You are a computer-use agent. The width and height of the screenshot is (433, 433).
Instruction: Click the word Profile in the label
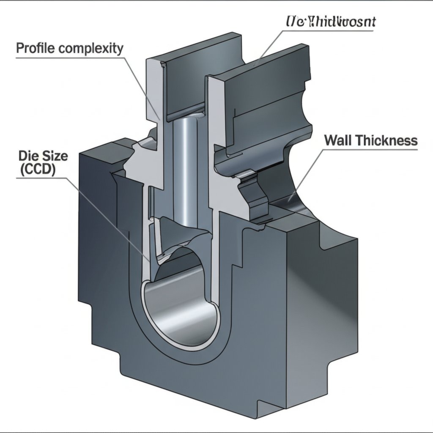pyautogui.click(x=35, y=48)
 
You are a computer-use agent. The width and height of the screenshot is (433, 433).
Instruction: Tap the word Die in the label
pyautogui.click(x=27, y=156)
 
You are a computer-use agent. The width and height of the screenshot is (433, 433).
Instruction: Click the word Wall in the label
pyautogui.click(x=338, y=140)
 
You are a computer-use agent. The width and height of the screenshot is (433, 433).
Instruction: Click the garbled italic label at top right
pyautogui.click(x=330, y=22)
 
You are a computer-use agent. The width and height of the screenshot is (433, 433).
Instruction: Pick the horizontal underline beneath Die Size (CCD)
pyautogui.click(x=42, y=178)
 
